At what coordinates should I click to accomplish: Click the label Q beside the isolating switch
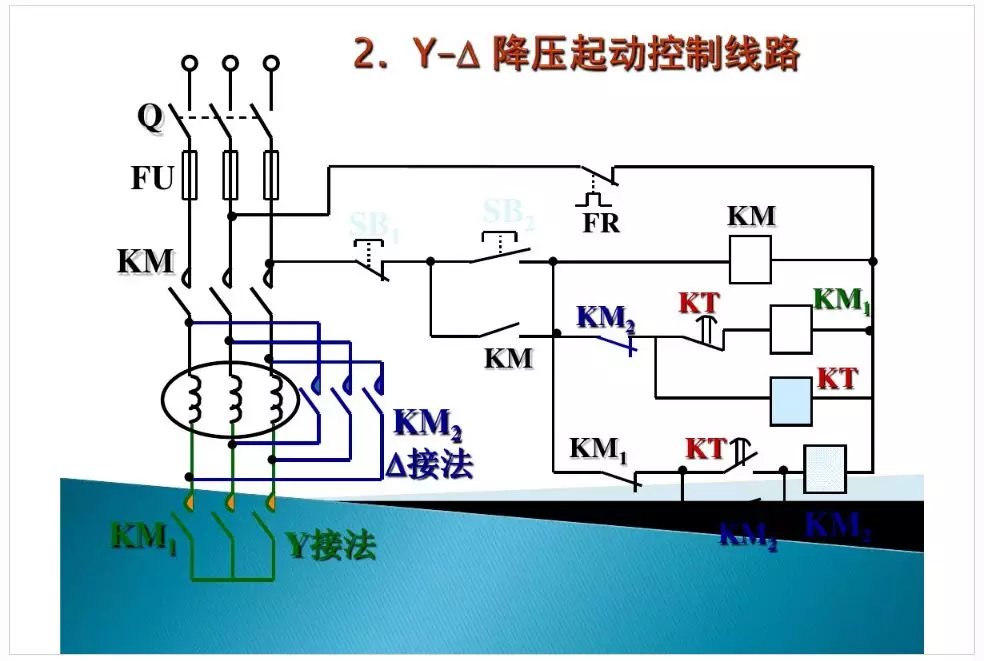(x=149, y=118)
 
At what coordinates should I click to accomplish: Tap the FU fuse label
(x=152, y=179)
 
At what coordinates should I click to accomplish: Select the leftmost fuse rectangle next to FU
(x=190, y=175)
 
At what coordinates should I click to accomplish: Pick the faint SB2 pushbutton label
(x=509, y=214)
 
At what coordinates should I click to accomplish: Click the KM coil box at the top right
(x=750, y=260)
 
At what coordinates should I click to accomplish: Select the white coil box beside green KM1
(x=790, y=329)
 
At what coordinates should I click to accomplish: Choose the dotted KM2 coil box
(x=825, y=468)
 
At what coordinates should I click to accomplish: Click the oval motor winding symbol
(x=231, y=400)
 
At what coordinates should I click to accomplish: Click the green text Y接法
(x=331, y=546)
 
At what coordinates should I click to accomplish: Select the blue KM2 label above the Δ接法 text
(x=428, y=424)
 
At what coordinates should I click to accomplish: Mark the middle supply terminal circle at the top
(x=231, y=63)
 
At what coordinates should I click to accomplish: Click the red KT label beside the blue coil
(x=838, y=378)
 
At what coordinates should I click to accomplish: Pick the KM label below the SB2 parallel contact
(x=509, y=357)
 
